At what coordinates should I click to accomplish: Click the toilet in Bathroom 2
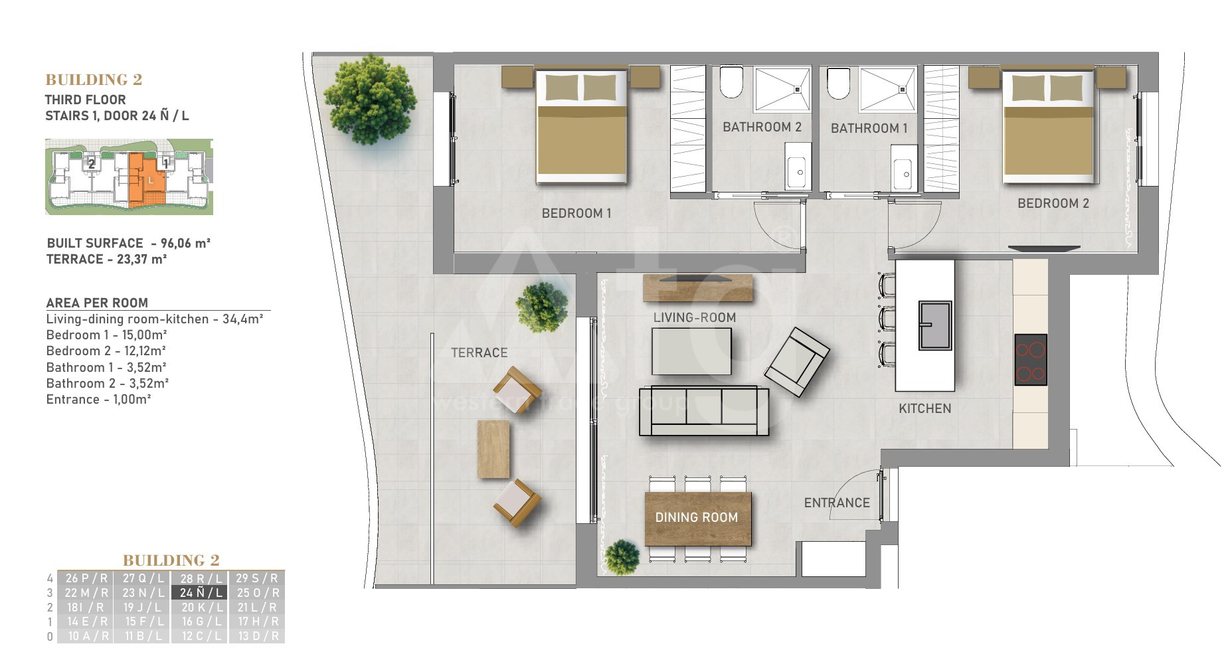pos(731,82)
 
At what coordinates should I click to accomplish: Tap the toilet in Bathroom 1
pos(838,83)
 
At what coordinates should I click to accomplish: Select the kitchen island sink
pos(935,325)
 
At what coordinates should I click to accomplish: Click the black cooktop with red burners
pos(1030,360)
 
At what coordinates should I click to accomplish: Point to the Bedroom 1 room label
pos(576,213)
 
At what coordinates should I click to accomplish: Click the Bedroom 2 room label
pos(1053,203)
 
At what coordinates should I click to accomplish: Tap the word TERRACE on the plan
pos(479,353)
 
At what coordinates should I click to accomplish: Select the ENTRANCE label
pos(837,503)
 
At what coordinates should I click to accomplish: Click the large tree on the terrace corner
pos(370,100)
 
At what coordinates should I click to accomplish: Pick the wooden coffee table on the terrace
pos(493,449)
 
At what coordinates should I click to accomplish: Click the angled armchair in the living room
pos(796,362)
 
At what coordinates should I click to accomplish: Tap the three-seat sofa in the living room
pos(704,410)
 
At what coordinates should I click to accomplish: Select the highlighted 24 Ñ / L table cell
pos(199,592)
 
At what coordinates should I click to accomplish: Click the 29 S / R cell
pos(257,578)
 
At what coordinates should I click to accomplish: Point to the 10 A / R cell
pos(85,636)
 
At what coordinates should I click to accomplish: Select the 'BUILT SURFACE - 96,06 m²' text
pos(129,243)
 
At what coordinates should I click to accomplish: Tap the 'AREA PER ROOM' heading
pos(97,303)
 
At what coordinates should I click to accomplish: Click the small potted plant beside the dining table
pos(622,557)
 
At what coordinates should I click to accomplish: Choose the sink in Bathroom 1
pos(902,174)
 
